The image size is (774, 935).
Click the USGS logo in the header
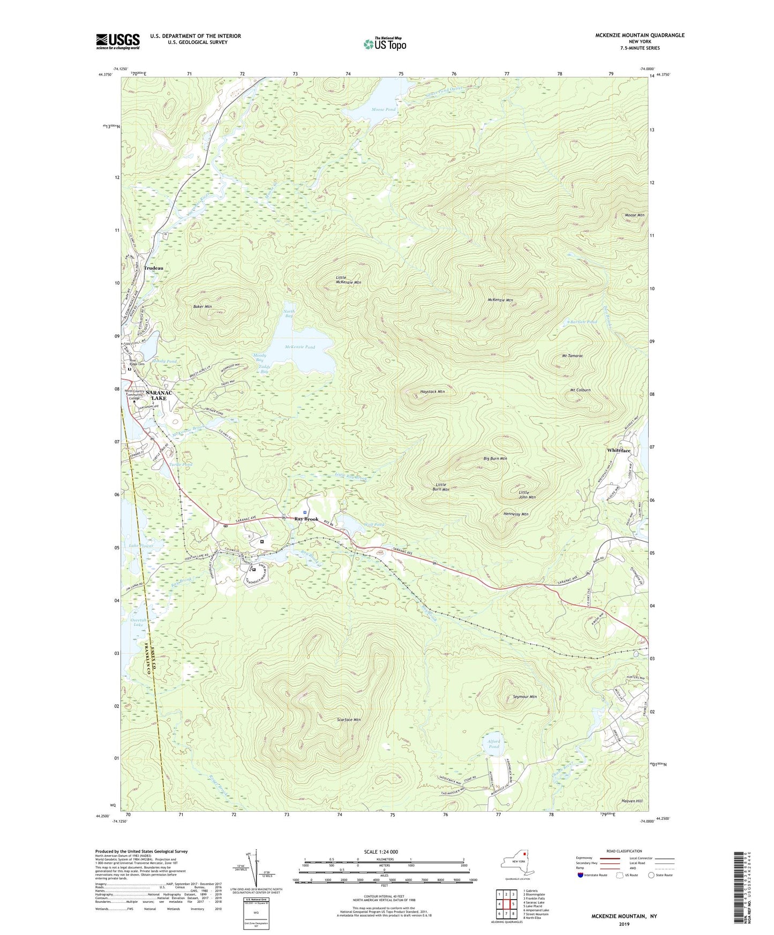click(x=117, y=41)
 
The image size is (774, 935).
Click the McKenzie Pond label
click(x=300, y=347)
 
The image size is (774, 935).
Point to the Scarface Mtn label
click(x=349, y=720)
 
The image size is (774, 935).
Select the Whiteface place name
click(x=619, y=450)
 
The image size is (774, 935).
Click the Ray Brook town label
click(x=306, y=519)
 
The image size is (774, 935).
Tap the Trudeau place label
click(x=153, y=268)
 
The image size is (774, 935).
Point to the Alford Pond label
click(x=493, y=744)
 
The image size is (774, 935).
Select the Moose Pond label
click(x=384, y=109)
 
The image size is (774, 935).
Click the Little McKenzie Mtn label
click(x=348, y=280)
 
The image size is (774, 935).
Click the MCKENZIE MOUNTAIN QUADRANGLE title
click(x=640, y=35)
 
